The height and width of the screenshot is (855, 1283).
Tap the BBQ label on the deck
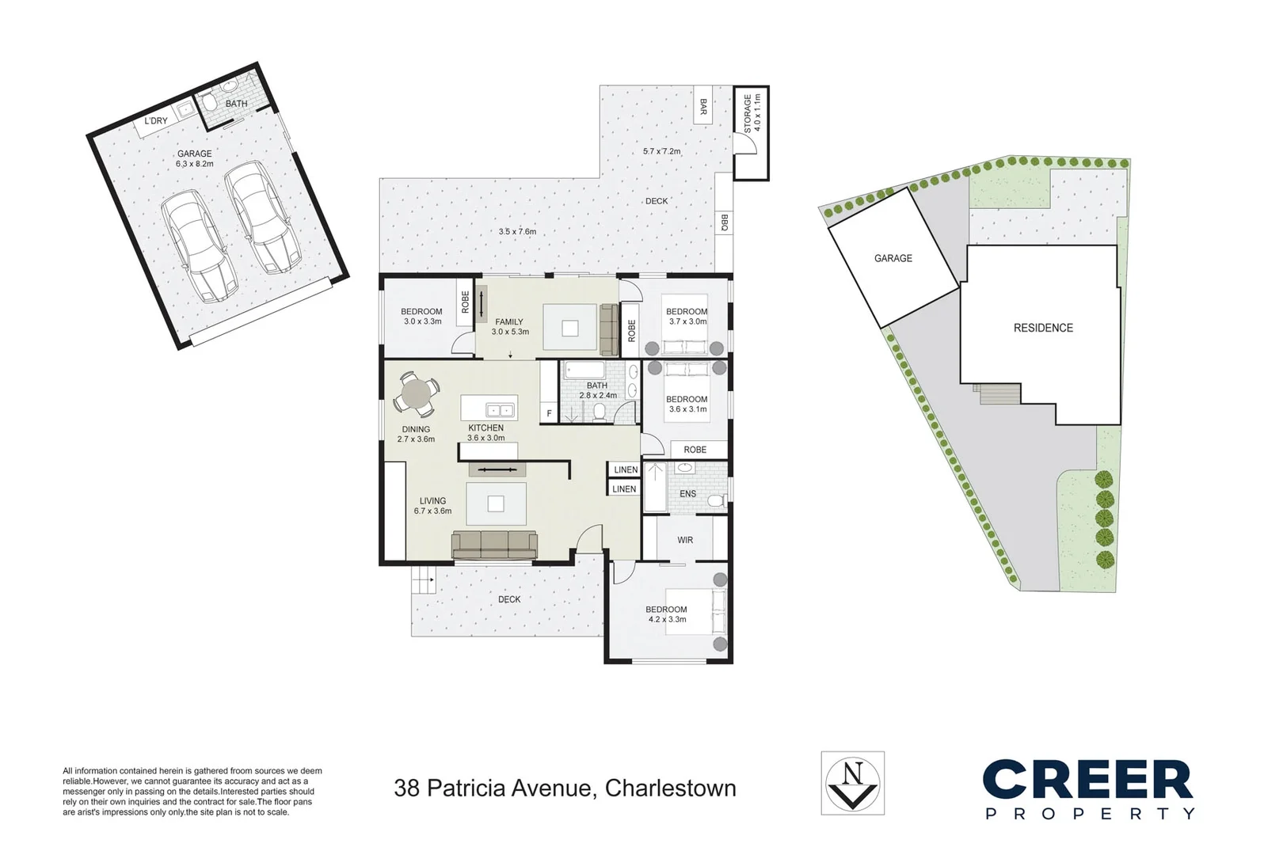click(x=723, y=223)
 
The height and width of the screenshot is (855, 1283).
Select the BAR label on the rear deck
click(x=702, y=105)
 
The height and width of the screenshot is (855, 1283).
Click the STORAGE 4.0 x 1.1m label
click(x=751, y=112)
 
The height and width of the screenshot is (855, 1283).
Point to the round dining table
click(x=416, y=393)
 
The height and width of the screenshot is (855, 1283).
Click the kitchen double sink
click(x=500, y=410)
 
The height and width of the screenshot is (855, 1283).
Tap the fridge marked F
click(x=549, y=414)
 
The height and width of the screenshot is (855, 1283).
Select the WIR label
click(x=685, y=540)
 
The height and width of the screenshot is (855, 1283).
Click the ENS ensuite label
click(x=687, y=494)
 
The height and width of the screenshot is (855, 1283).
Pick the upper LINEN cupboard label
click(x=626, y=469)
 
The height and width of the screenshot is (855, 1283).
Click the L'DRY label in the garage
click(x=156, y=121)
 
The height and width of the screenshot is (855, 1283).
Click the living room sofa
click(x=494, y=544)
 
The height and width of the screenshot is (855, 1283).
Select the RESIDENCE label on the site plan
click(x=1043, y=328)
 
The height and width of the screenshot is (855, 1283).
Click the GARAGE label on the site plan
click(x=893, y=258)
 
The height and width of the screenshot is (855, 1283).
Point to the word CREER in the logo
click(x=1087, y=780)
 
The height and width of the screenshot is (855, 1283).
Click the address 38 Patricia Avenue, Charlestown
click(x=565, y=788)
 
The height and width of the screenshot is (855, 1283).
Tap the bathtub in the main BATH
click(x=584, y=370)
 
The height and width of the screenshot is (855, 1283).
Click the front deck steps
click(x=423, y=583)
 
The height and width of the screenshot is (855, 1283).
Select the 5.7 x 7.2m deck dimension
click(x=661, y=151)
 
